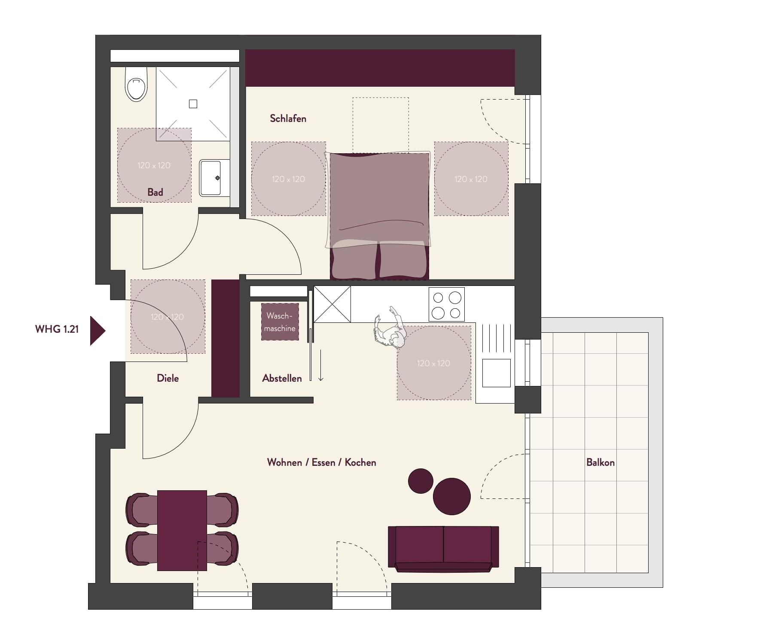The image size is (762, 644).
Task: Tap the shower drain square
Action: (193, 104)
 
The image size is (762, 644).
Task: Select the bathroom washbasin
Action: (210, 178)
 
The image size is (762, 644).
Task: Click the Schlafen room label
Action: (288, 118)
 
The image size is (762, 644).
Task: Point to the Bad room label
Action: (155, 192)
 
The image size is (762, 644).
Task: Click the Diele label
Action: (168, 378)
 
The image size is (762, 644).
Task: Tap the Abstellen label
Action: (282, 378)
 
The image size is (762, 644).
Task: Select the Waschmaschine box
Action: (280, 322)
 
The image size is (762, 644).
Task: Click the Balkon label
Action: (600, 462)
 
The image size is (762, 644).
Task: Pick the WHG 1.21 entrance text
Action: (57, 329)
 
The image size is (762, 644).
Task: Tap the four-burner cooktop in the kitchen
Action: (447, 304)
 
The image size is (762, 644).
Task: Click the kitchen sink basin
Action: (496, 373)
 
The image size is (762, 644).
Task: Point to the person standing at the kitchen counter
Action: (391, 328)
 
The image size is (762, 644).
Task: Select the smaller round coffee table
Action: (421, 481)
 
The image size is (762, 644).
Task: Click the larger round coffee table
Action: (452, 496)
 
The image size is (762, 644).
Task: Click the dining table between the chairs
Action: (182, 531)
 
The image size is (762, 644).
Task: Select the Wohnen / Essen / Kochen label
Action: (321, 462)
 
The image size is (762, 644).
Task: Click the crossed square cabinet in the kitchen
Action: (332, 304)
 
